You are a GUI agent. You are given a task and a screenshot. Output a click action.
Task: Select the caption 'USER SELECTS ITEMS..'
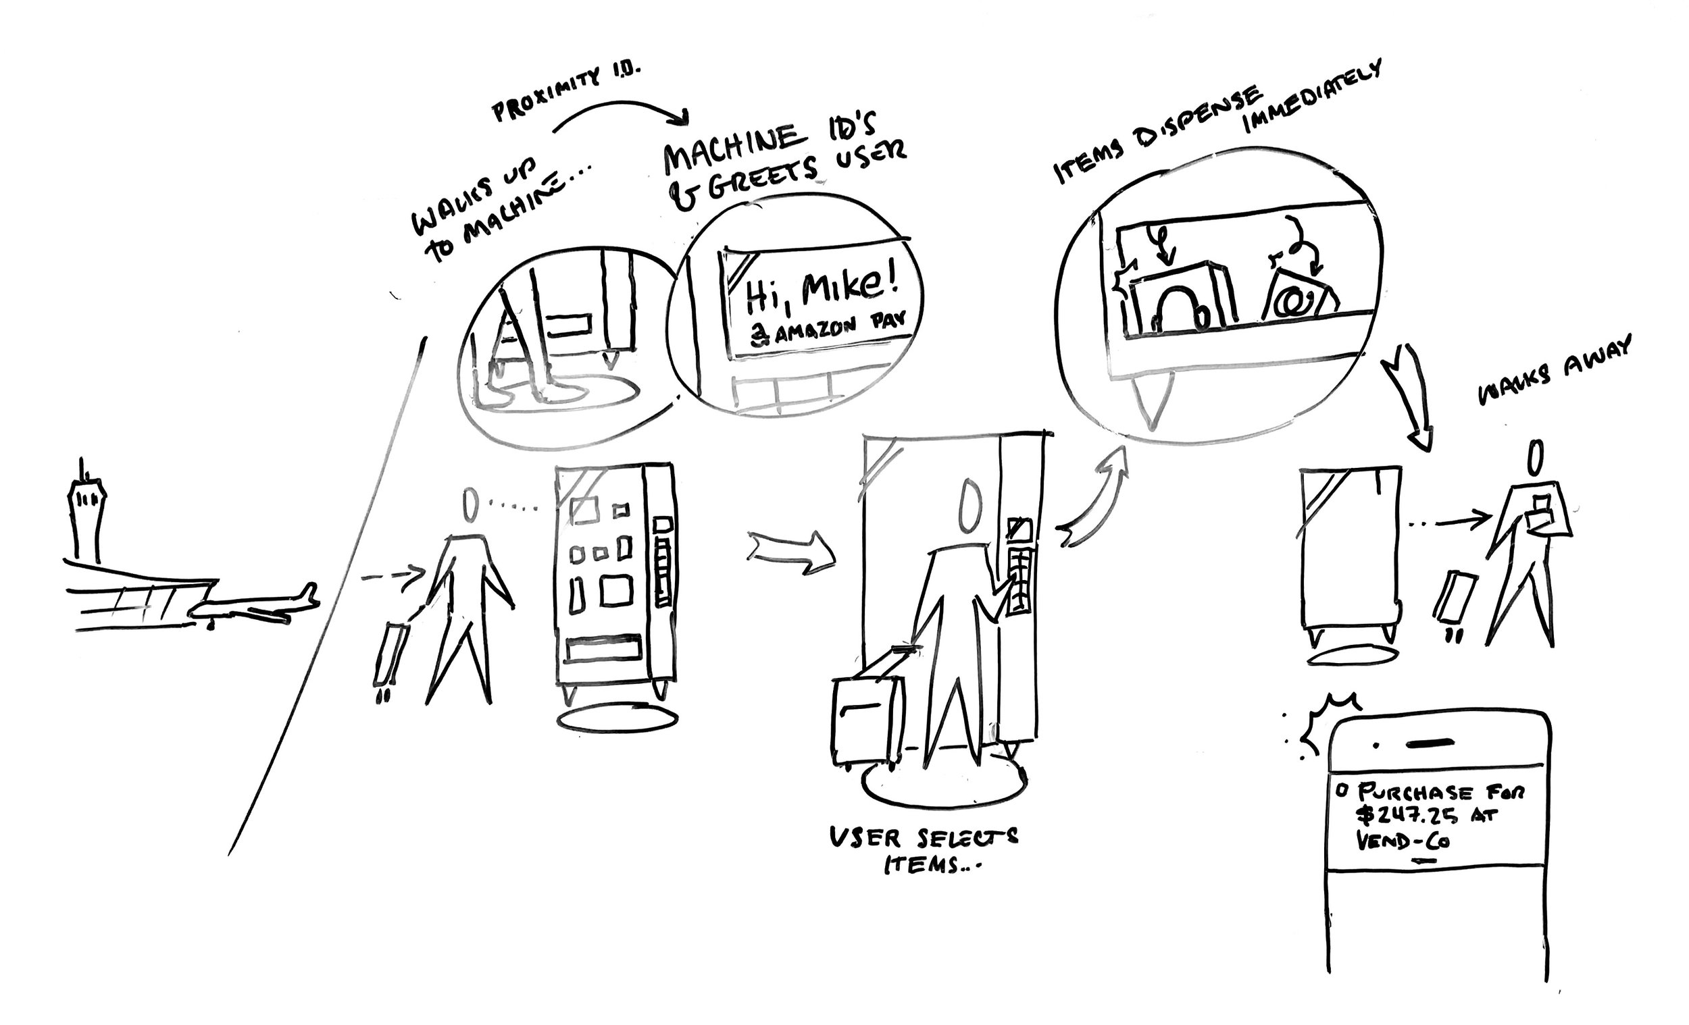tap(922, 849)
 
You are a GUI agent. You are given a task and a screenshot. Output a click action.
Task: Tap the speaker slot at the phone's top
tap(1430, 742)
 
